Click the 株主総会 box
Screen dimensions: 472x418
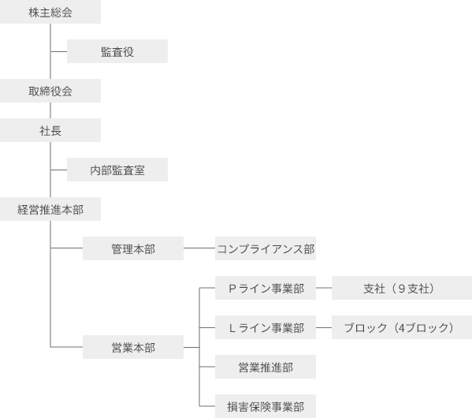click(50, 12)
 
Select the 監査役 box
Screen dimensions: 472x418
click(117, 51)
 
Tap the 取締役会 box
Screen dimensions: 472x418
click(50, 91)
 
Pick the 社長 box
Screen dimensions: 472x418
click(50, 130)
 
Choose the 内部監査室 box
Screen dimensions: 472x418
click(117, 170)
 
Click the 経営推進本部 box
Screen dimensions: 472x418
click(50, 209)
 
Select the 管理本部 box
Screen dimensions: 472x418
click(133, 248)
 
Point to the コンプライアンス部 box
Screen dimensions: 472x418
click(266, 248)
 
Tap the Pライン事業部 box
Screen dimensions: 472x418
click(266, 288)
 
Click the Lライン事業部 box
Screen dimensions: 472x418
click(266, 327)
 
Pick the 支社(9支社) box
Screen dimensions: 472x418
click(402, 288)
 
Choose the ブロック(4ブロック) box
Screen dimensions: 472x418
click(402, 327)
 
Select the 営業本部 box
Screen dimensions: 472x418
click(133, 347)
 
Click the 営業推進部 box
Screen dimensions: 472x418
click(266, 367)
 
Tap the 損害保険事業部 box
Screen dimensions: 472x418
click(266, 406)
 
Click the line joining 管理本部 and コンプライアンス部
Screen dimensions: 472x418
click(199, 248)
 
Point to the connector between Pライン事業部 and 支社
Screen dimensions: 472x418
click(324, 288)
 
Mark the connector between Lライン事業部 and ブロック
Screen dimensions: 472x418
click(324, 327)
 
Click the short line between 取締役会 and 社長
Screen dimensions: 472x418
click(50, 110)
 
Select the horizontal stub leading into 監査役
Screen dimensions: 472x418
click(58, 51)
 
